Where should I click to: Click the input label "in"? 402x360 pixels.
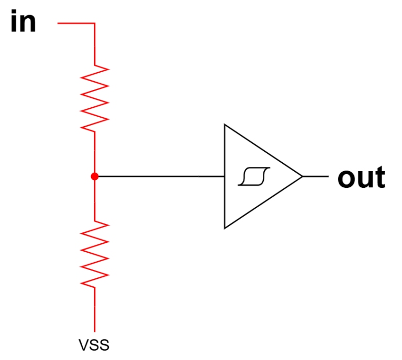pos(23,23)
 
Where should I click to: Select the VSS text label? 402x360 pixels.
pos(94,345)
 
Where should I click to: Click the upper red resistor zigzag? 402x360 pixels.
pos(95,98)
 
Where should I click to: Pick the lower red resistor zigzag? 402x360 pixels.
pos(95,254)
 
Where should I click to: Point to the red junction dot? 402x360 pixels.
pos(95,176)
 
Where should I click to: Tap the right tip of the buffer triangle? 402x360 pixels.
pos(302,176)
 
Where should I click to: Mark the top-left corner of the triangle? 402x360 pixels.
pos(225,125)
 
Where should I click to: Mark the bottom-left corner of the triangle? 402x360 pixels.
pos(225,228)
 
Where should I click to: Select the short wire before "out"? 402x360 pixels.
pos(316,176)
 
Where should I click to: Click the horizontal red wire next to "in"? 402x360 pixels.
pos(76,24)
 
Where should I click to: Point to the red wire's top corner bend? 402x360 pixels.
pos(95,24)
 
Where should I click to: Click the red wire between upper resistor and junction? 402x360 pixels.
pos(95,152)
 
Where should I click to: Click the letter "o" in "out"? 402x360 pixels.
pos(347,179)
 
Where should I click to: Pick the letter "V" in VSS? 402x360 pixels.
pos(83,345)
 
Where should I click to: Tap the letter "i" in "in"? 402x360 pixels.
pos(14,23)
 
